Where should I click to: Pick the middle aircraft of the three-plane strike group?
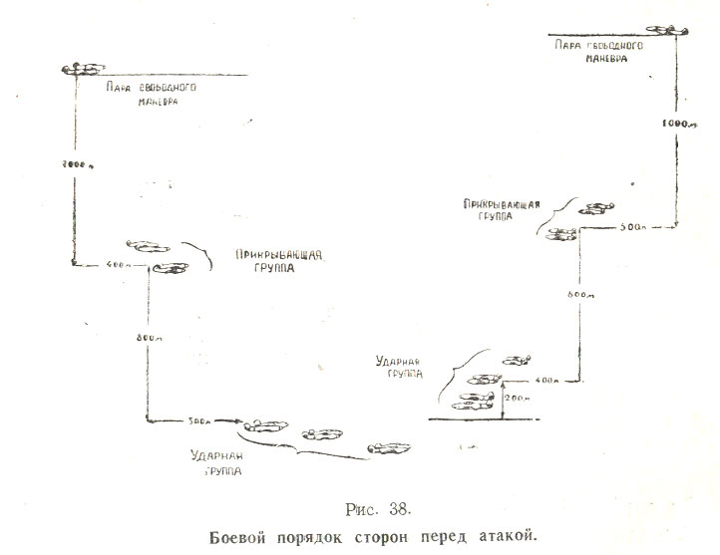(x=322, y=432)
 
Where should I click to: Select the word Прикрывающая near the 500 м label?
(x=502, y=205)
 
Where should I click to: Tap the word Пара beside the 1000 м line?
(x=563, y=46)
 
